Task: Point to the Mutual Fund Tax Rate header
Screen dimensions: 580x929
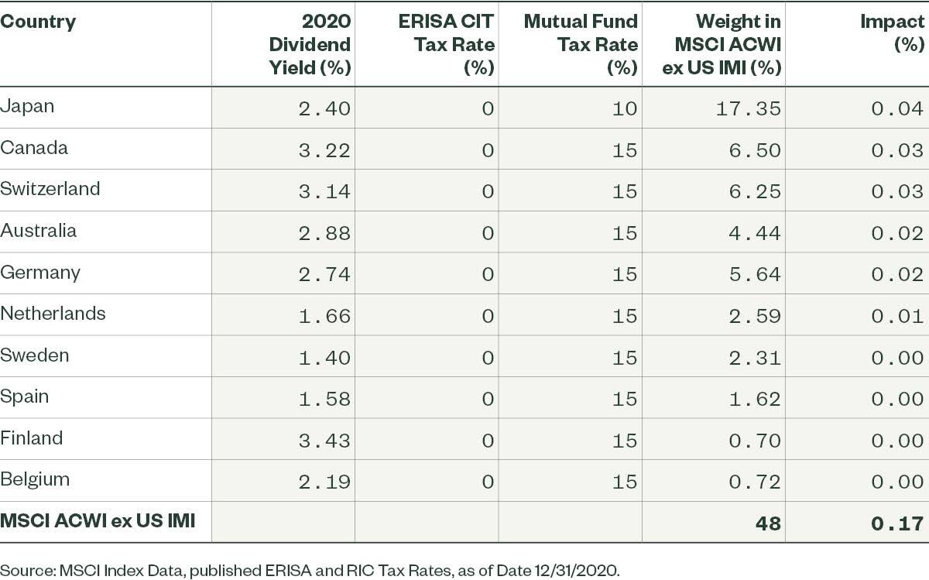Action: (x=581, y=44)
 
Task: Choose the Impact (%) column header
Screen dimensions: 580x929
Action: (x=893, y=33)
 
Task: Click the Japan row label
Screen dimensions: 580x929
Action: (x=27, y=106)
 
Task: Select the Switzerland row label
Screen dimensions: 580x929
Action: (x=50, y=189)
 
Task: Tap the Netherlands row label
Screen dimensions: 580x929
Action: (x=53, y=314)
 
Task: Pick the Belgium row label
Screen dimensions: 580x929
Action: (x=35, y=479)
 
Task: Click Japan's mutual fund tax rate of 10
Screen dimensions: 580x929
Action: (x=624, y=108)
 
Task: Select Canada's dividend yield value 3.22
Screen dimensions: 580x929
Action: (x=324, y=149)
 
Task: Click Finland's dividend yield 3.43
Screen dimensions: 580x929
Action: (x=324, y=439)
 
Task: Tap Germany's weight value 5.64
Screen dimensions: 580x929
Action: (x=756, y=273)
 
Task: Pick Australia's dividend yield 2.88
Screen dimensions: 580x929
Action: (x=324, y=232)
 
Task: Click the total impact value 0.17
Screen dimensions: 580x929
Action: (x=897, y=523)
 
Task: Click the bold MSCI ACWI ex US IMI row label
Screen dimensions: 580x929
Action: (x=97, y=521)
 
